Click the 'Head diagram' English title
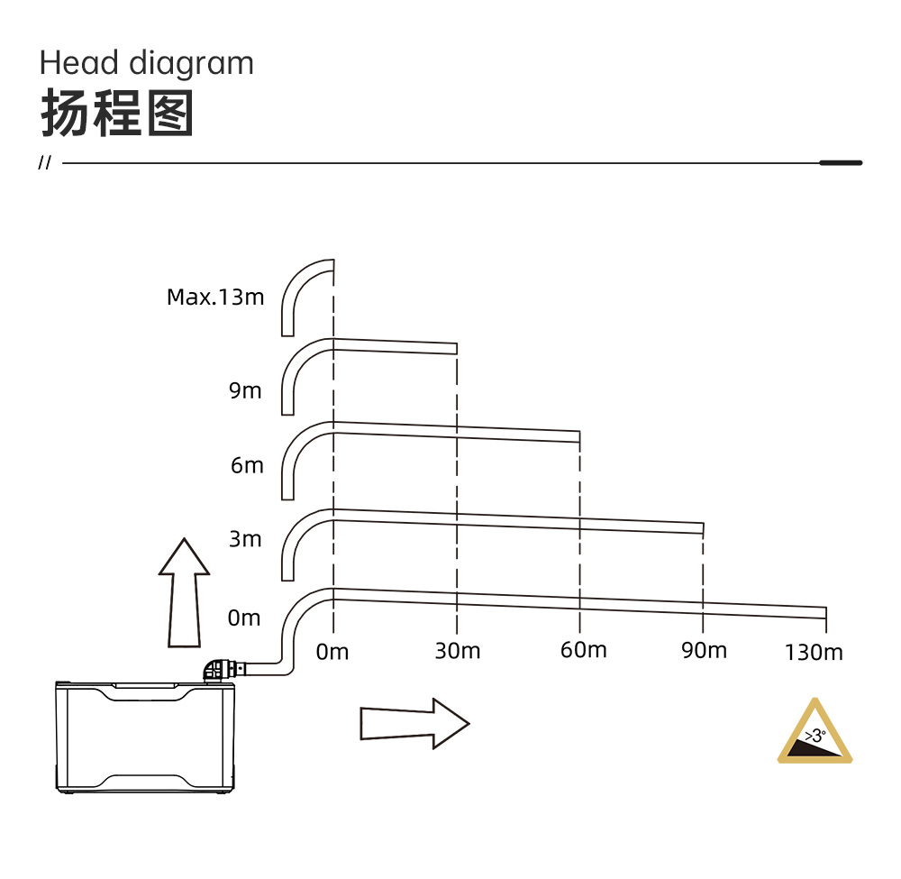(x=147, y=63)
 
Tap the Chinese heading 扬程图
(x=117, y=114)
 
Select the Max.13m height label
(x=215, y=298)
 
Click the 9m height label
(x=245, y=390)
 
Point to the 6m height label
(x=247, y=465)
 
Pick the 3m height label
(x=245, y=539)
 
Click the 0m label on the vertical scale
(x=244, y=618)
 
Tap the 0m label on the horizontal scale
(x=332, y=652)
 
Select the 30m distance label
(x=458, y=651)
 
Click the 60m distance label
(x=583, y=650)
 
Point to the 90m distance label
(x=704, y=651)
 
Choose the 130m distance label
(x=814, y=653)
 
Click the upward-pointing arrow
(x=185, y=592)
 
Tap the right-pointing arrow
(x=414, y=724)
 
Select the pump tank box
(x=145, y=737)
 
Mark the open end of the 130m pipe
(x=825, y=613)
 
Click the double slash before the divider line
(x=44, y=162)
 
